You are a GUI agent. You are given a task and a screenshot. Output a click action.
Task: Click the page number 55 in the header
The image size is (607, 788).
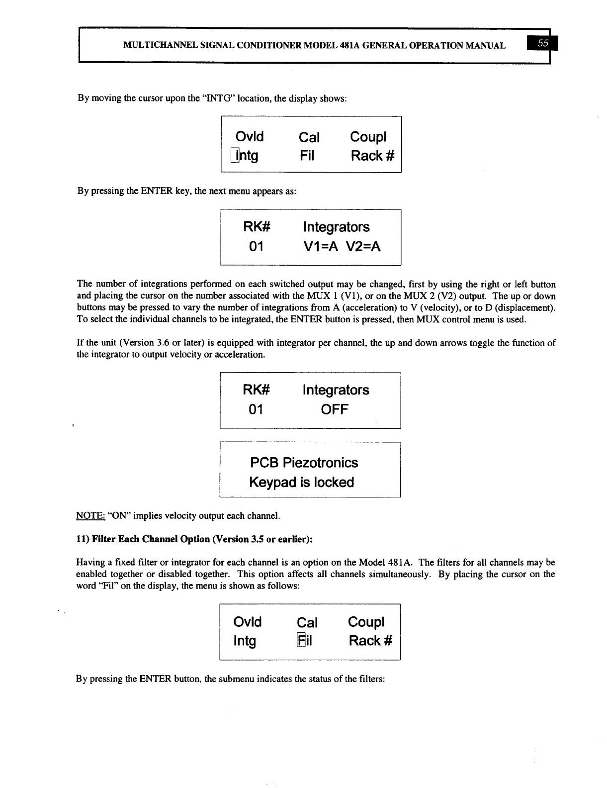coord(544,44)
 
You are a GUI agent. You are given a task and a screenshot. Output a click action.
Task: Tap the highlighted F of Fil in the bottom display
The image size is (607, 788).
coord(301,641)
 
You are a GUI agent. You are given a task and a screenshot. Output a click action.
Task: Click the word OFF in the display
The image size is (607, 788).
coord(335,410)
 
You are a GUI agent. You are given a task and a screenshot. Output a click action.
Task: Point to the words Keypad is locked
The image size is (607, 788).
coord(301,483)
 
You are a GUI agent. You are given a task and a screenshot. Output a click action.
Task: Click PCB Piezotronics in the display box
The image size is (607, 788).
coord(304,463)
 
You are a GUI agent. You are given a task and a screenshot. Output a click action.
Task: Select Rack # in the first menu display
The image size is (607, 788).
coord(372,156)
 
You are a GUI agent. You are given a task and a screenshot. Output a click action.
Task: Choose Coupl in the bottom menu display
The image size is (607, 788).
coord(366,622)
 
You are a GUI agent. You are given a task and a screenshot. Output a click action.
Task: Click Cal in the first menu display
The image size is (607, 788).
coord(309,137)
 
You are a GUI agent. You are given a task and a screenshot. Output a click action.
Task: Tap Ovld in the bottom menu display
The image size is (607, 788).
coord(247,622)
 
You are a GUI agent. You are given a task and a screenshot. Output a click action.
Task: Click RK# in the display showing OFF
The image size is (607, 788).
coord(256,390)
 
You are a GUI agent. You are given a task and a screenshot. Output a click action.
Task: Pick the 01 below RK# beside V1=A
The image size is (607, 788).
coord(256,247)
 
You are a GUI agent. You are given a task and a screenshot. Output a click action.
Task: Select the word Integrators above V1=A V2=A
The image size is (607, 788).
coord(336,227)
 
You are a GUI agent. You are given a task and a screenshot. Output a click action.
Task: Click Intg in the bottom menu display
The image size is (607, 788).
coord(245,641)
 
